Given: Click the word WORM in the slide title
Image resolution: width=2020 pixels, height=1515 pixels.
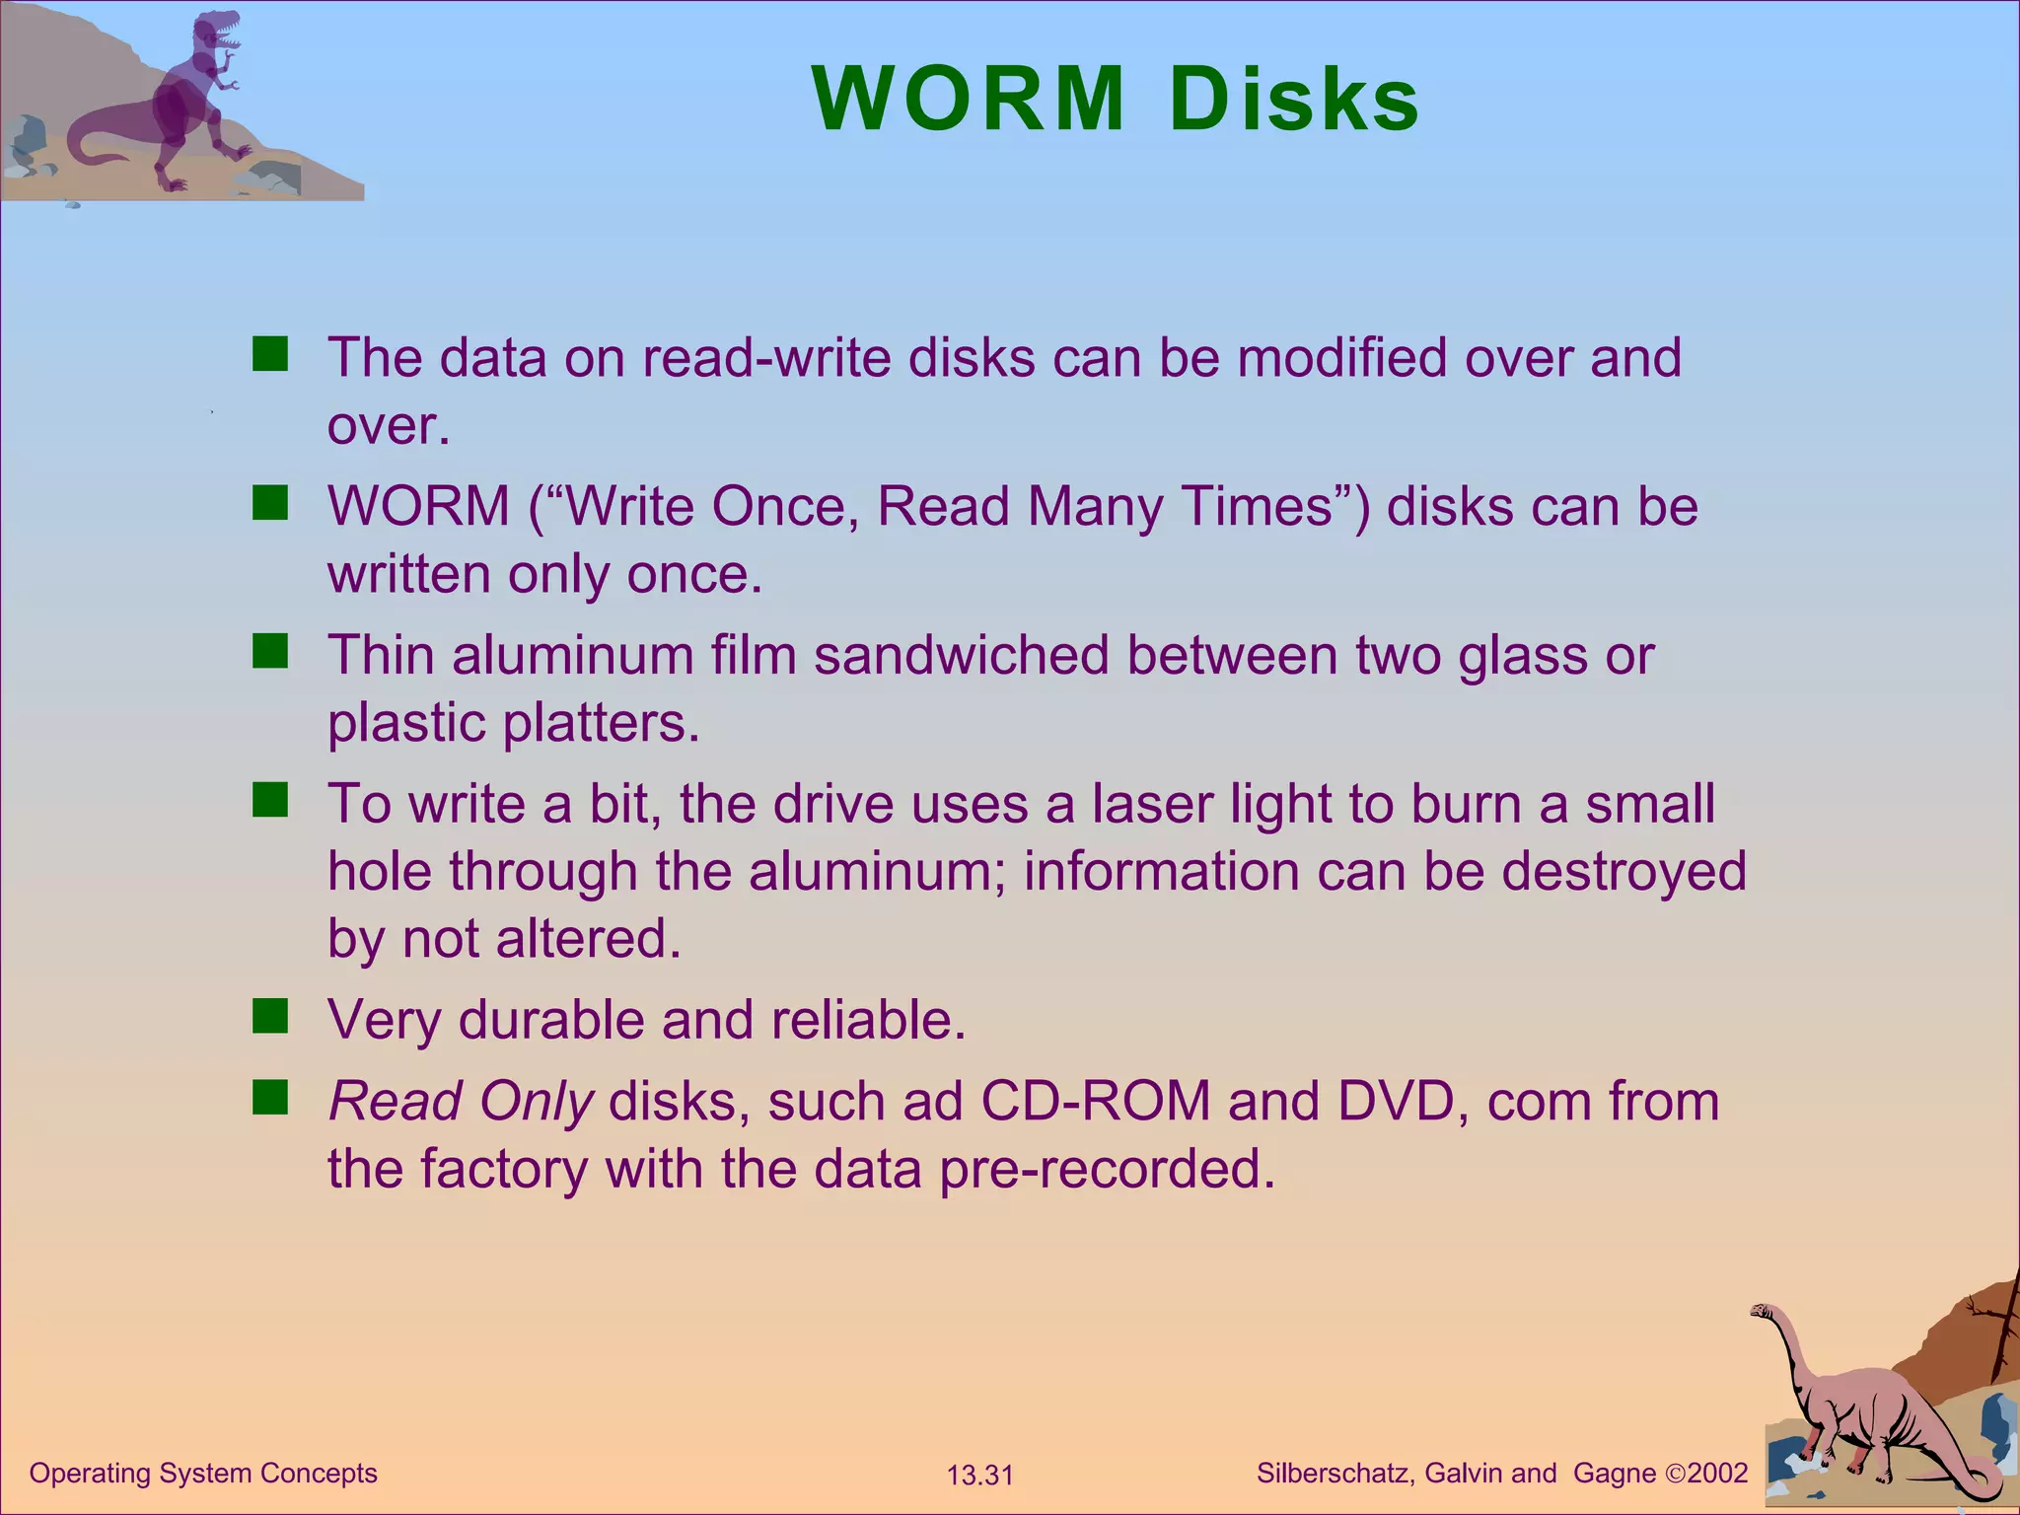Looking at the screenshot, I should [968, 100].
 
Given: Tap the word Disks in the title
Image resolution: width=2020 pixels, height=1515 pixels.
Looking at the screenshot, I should [1294, 100].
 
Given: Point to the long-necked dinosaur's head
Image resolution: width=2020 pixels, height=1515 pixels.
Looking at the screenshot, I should [1763, 1311].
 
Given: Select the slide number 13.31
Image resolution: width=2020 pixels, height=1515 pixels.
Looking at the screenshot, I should [979, 1476].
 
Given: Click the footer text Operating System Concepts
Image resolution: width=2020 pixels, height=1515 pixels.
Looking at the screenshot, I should [203, 1473].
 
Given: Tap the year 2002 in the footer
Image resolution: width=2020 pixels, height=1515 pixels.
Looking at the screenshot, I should [1717, 1474].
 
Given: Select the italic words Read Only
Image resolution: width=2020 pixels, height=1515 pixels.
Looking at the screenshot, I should [461, 1102].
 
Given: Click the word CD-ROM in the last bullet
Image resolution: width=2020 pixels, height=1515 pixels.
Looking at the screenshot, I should [1095, 1101].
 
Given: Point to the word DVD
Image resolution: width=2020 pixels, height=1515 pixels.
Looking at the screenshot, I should [1396, 1101].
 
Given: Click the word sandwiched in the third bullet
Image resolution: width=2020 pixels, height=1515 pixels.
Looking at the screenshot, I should [962, 655].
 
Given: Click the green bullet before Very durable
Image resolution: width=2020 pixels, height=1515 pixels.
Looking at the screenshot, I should [269, 1015].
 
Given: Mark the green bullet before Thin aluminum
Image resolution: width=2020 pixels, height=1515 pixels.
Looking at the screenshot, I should [269, 651].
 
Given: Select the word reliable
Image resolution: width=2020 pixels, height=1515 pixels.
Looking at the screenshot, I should [868, 1020].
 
